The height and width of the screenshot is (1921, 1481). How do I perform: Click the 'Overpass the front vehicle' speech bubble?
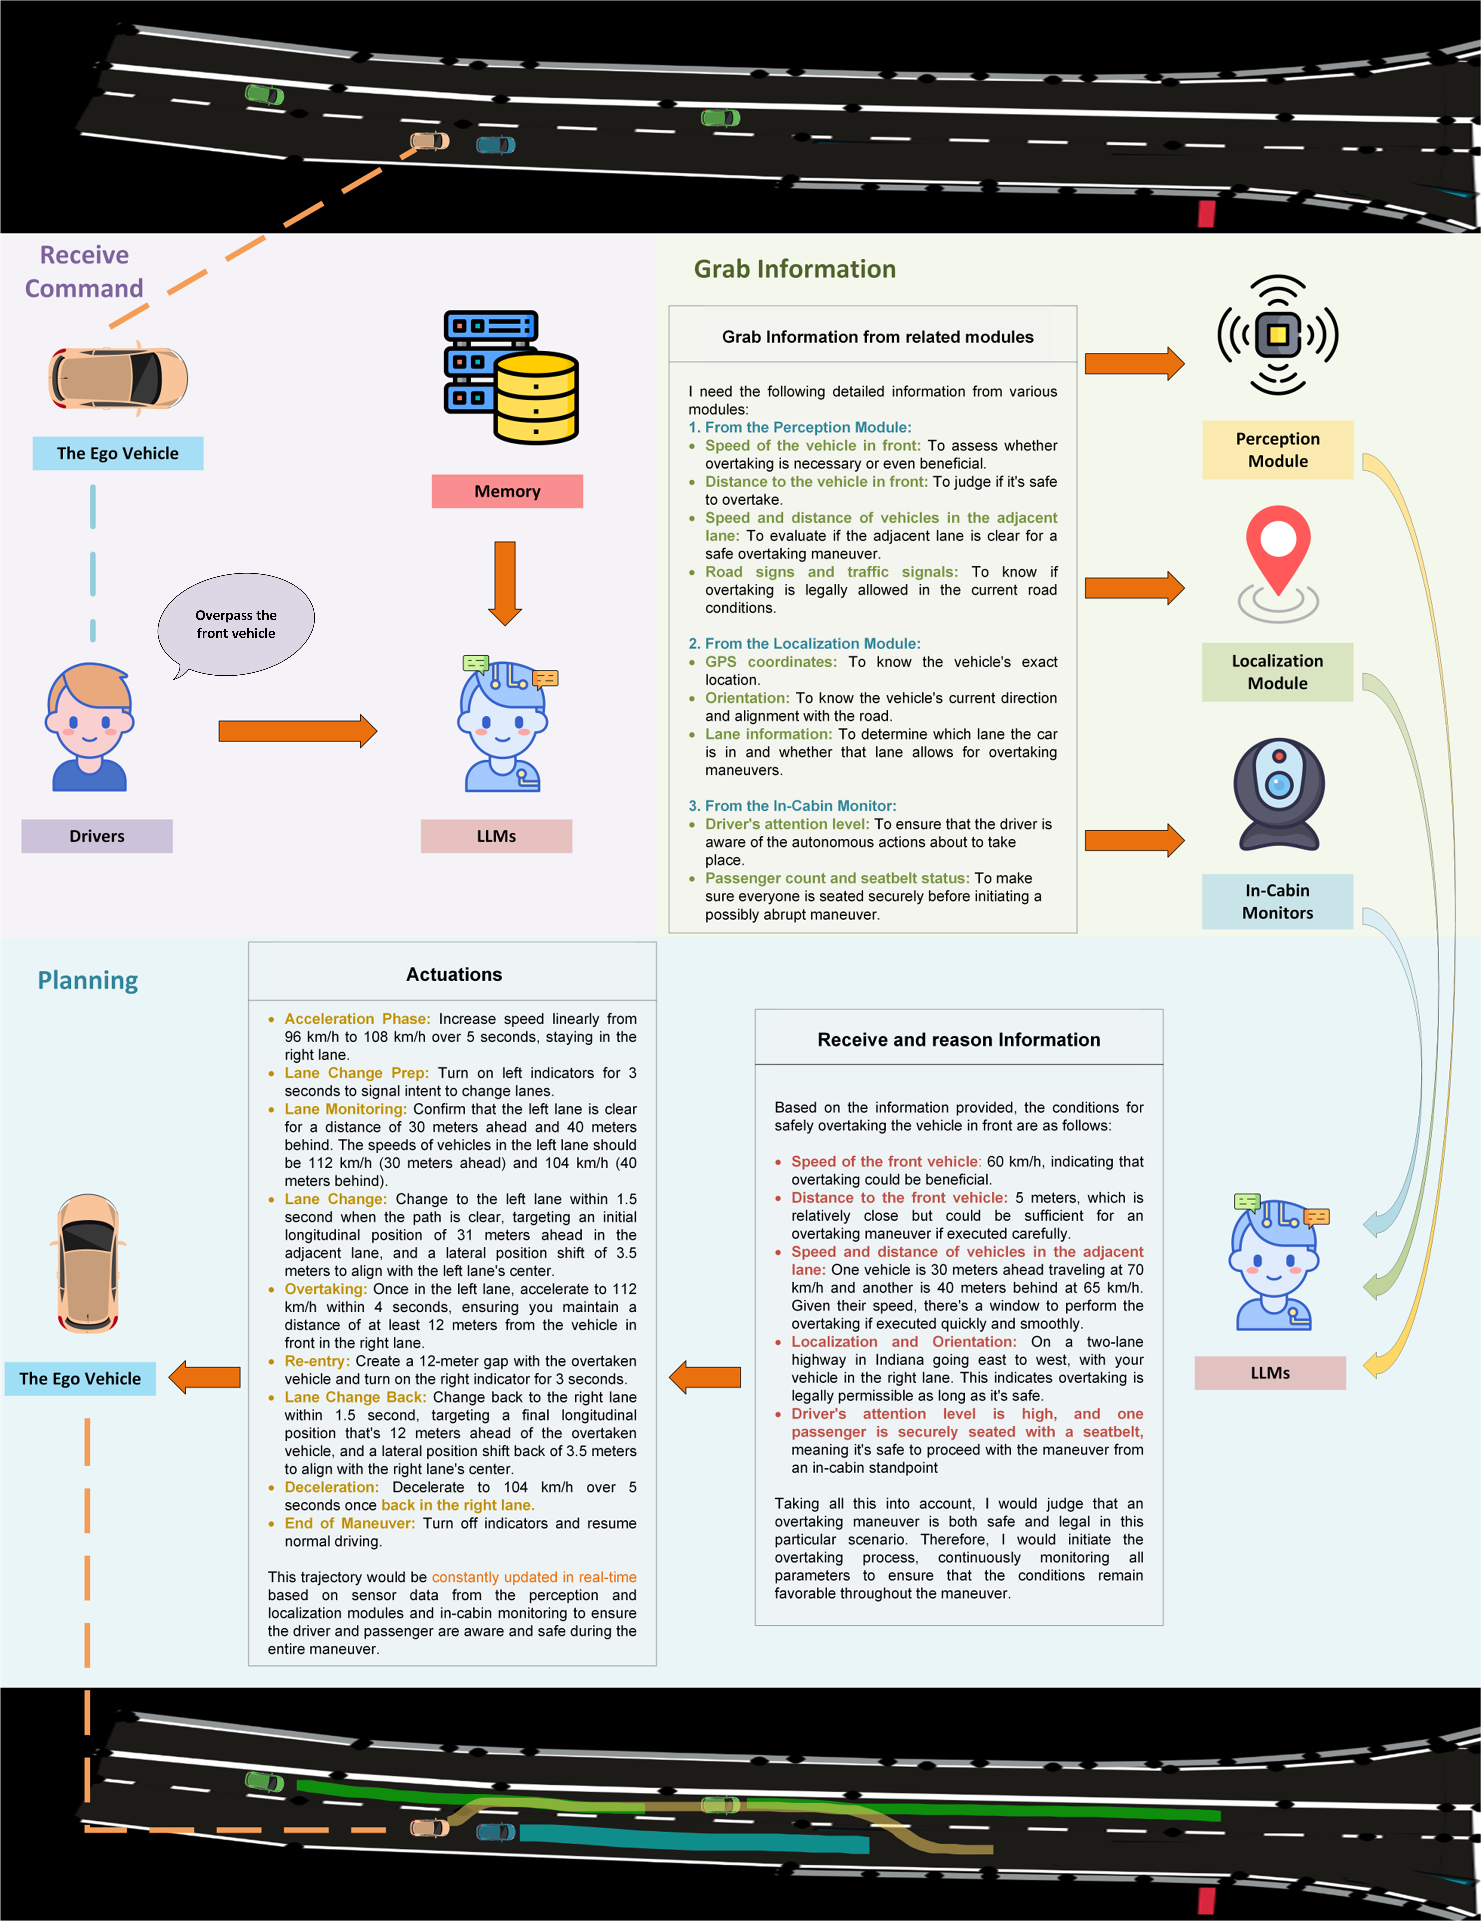coord(236,624)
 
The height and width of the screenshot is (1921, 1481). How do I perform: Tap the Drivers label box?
coord(97,836)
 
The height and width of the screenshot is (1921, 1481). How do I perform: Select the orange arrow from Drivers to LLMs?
coord(297,730)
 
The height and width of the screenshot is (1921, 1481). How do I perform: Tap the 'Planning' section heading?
coord(88,980)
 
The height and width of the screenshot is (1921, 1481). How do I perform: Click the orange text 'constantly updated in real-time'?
coord(534,1577)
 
